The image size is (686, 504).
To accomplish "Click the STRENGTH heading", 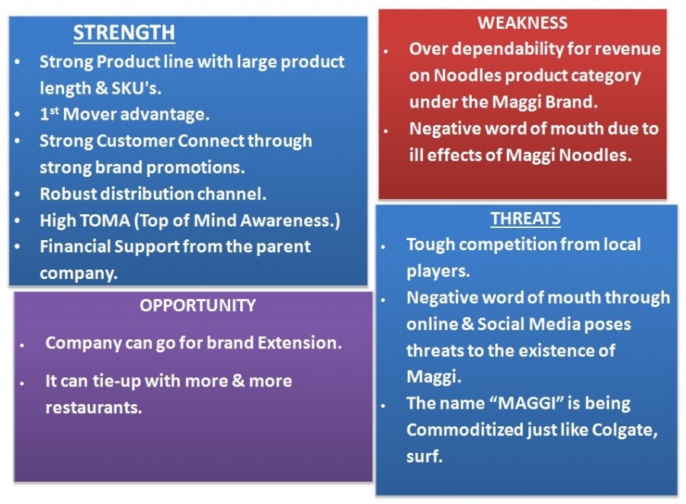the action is (x=123, y=33).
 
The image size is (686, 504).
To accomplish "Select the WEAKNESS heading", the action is (x=522, y=23).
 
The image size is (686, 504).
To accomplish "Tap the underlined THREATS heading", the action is (x=525, y=218).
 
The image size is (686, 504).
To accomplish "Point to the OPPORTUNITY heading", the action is (x=197, y=306).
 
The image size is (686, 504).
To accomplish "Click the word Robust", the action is (x=69, y=194).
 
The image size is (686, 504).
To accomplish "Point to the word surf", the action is (x=424, y=457).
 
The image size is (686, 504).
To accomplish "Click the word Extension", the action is (x=300, y=343).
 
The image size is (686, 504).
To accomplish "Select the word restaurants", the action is (x=94, y=408).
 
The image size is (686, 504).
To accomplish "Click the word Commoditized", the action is (x=464, y=430).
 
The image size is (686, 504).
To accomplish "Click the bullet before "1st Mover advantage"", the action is (x=17, y=114).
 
